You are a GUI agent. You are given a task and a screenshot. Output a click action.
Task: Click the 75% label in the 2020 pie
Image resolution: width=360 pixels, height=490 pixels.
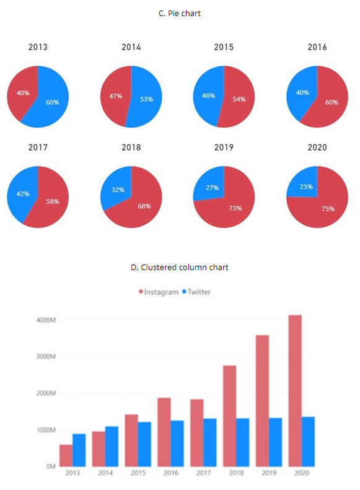[328, 209]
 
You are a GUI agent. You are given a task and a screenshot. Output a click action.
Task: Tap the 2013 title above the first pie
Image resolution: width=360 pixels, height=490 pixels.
[38, 47]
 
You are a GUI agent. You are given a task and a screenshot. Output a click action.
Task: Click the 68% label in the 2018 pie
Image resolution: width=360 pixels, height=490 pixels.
[144, 206]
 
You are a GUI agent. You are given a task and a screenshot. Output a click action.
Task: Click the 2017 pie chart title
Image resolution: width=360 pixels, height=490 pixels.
[38, 147]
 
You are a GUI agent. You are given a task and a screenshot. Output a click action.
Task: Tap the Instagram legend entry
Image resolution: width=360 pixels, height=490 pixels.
[159, 292]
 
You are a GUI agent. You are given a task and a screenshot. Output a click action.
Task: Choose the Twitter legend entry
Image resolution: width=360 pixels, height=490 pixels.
[196, 292]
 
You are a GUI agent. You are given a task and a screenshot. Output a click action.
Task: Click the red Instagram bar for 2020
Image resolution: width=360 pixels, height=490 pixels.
[296, 390]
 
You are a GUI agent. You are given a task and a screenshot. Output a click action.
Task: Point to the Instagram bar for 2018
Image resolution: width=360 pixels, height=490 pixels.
[230, 416]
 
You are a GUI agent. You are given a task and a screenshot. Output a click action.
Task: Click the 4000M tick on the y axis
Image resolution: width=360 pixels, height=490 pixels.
[46, 320]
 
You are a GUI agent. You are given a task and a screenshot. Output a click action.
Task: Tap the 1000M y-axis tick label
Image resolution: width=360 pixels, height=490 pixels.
[46, 430]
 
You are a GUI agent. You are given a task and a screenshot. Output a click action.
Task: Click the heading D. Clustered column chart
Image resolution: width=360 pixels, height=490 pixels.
[180, 268]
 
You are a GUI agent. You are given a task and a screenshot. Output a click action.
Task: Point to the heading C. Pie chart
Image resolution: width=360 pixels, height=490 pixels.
[180, 13]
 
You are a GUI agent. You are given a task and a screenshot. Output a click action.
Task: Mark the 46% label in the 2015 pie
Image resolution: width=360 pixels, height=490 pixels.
[209, 96]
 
